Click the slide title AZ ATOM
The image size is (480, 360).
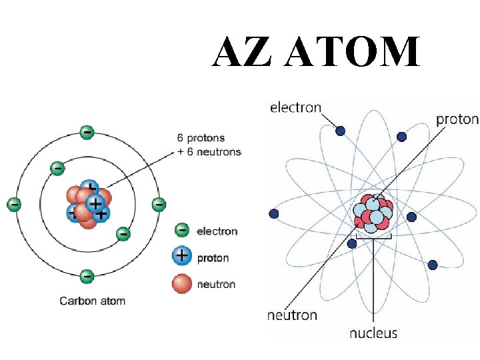(316, 53)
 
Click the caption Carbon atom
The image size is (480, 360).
(93, 301)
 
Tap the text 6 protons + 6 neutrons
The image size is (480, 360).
(209, 145)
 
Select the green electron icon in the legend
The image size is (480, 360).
(181, 231)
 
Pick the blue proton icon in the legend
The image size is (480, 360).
(181, 255)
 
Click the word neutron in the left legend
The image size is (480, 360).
(216, 285)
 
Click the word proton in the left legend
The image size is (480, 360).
(213, 258)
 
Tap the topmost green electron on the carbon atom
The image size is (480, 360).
(87, 132)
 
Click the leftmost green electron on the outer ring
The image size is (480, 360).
(14, 204)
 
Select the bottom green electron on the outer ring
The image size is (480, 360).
(87, 275)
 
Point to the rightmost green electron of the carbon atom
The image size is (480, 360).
(158, 204)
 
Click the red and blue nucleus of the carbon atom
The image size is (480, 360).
(87, 204)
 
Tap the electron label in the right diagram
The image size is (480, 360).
(295, 107)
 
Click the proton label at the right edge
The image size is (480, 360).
(457, 119)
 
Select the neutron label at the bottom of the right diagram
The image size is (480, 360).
(292, 315)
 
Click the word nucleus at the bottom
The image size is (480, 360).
(373, 333)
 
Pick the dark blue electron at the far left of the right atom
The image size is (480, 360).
(273, 213)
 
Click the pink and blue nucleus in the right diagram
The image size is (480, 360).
(373, 213)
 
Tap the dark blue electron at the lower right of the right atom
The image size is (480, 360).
(432, 265)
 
